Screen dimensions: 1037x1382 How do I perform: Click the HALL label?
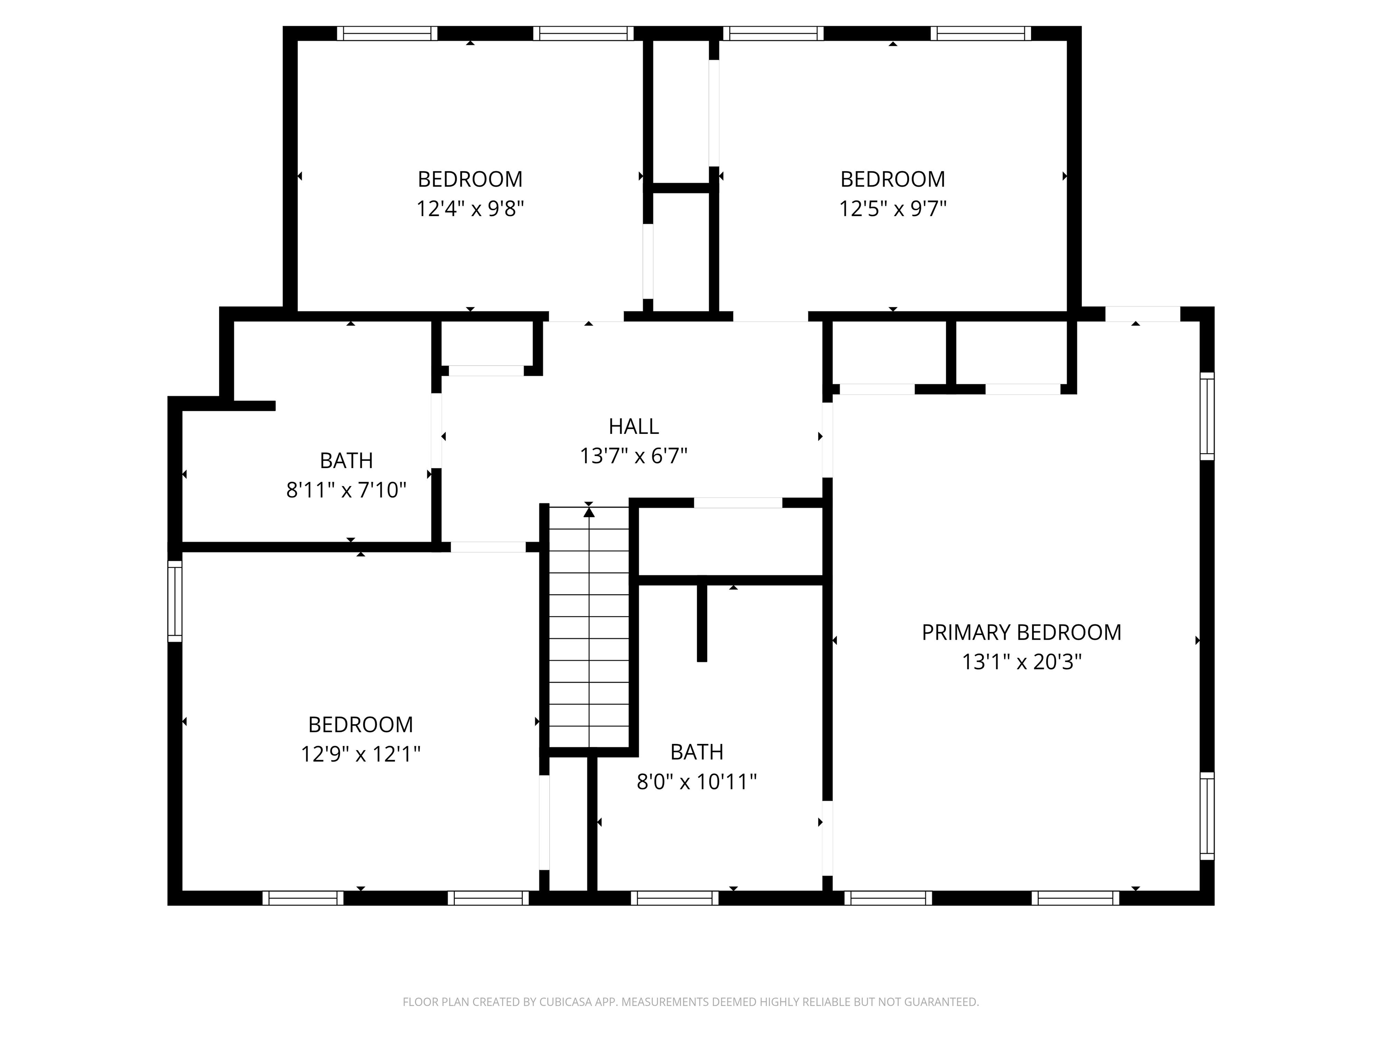pyautogui.click(x=633, y=426)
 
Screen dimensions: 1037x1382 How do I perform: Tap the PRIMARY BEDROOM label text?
pyautogui.click(x=1022, y=632)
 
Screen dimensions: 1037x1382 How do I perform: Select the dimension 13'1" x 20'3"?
pyautogui.click(x=1022, y=661)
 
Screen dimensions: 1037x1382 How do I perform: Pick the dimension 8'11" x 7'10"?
pyautogui.click(x=346, y=490)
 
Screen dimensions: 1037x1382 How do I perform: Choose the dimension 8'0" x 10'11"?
pyautogui.click(x=696, y=781)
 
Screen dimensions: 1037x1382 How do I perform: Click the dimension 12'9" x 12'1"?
pyautogui.click(x=360, y=754)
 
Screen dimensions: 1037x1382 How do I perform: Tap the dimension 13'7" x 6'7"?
pyautogui.click(x=633, y=455)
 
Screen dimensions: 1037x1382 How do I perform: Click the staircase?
pyautogui.click(x=588, y=631)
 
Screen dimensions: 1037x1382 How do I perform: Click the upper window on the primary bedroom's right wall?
pyautogui.click(x=1207, y=416)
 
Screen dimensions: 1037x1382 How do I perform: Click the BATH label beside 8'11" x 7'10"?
pyautogui.click(x=346, y=461)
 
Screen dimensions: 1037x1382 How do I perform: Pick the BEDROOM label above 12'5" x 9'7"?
pyautogui.click(x=892, y=180)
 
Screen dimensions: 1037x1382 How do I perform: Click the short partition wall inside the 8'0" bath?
pyautogui.click(x=702, y=622)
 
